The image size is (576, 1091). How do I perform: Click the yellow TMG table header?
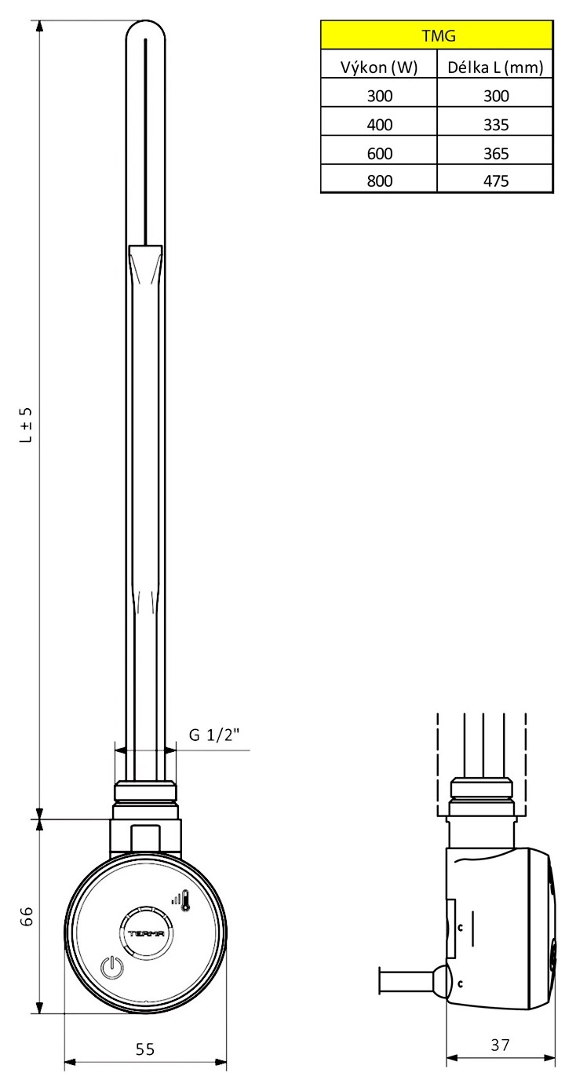click(x=437, y=35)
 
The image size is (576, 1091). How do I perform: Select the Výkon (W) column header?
click(x=379, y=68)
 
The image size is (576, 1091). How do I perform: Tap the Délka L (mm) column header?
click(x=495, y=68)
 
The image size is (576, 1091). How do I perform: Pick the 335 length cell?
click(x=496, y=125)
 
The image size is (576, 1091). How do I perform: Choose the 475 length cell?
click(x=496, y=181)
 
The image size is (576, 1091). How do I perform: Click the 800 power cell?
click(x=379, y=181)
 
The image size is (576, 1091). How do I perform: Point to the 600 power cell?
click(x=379, y=153)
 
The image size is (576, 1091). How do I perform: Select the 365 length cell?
click(x=496, y=153)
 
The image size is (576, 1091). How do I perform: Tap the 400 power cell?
click(x=379, y=125)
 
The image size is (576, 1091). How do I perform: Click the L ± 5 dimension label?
click(x=26, y=425)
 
